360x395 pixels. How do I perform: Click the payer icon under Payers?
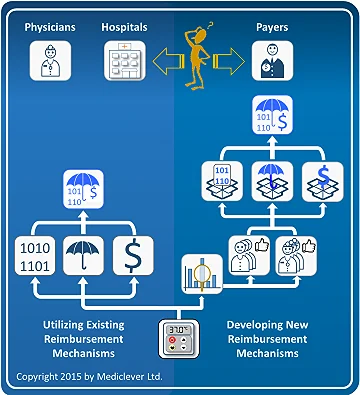tap(268, 65)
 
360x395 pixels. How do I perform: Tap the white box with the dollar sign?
tap(133, 254)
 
